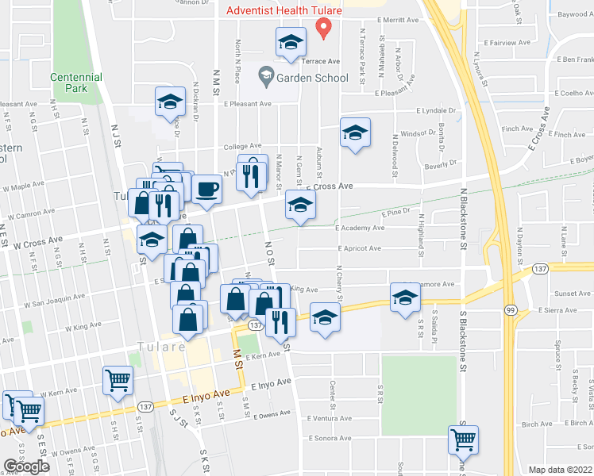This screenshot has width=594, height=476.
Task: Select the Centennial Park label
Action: click(76, 83)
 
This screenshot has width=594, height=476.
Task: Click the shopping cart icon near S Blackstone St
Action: click(463, 437)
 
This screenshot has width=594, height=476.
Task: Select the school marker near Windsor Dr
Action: click(355, 132)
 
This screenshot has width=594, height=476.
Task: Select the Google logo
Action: click(26, 467)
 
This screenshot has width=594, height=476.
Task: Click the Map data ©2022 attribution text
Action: click(560, 470)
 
